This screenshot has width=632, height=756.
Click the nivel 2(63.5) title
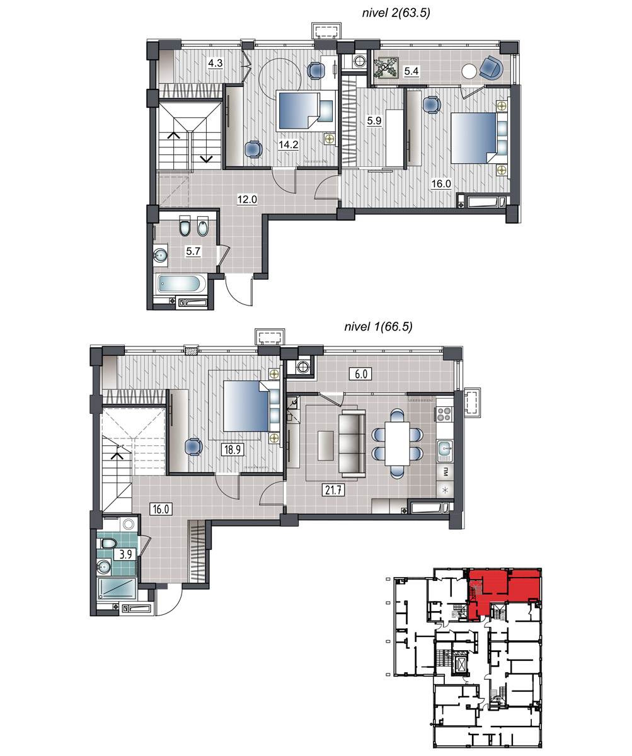pyautogui.click(x=396, y=13)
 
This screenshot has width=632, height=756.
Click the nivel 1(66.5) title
pyautogui.click(x=378, y=327)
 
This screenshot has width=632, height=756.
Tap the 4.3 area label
pyautogui.click(x=215, y=64)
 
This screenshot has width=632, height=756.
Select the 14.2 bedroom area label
pyautogui.click(x=289, y=145)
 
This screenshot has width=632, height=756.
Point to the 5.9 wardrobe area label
pyautogui.click(x=374, y=120)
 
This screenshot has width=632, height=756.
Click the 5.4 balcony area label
pyautogui.click(x=411, y=71)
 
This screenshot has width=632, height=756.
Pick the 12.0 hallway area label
pyautogui.click(x=247, y=199)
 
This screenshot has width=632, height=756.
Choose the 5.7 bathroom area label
pyautogui.click(x=193, y=251)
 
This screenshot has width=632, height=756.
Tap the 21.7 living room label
pyautogui.click(x=333, y=490)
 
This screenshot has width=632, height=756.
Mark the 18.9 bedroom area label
pyautogui.click(x=233, y=450)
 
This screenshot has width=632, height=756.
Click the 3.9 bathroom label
pyautogui.click(x=125, y=554)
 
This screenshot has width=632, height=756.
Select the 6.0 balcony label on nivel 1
pyautogui.click(x=360, y=374)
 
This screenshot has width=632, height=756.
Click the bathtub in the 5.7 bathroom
pyautogui.click(x=180, y=283)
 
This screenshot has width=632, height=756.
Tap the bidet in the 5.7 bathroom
pyautogui.click(x=203, y=226)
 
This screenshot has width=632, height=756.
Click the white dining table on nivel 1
pyautogui.click(x=397, y=443)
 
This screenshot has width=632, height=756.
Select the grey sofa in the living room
pyautogui.click(x=352, y=443)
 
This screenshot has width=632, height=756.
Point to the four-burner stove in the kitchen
pyautogui.click(x=445, y=414)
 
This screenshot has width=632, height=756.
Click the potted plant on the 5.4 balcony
pyautogui.click(x=386, y=67)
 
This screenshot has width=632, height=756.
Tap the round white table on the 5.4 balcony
pyautogui.click(x=469, y=71)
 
